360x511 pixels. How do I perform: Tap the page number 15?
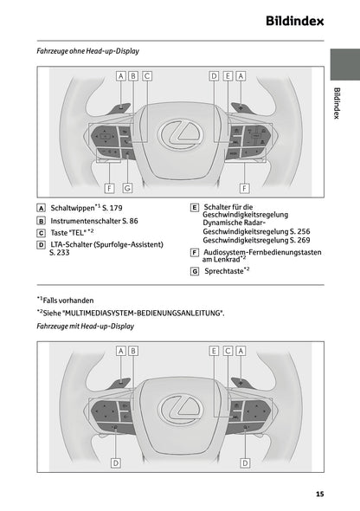(x=319, y=494)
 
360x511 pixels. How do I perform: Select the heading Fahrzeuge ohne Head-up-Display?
(x=88, y=51)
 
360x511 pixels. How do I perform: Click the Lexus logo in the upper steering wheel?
(x=181, y=133)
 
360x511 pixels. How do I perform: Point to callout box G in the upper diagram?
(x=127, y=187)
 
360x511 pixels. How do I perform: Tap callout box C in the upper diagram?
(x=147, y=75)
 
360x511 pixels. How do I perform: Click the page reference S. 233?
(x=60, y=253)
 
